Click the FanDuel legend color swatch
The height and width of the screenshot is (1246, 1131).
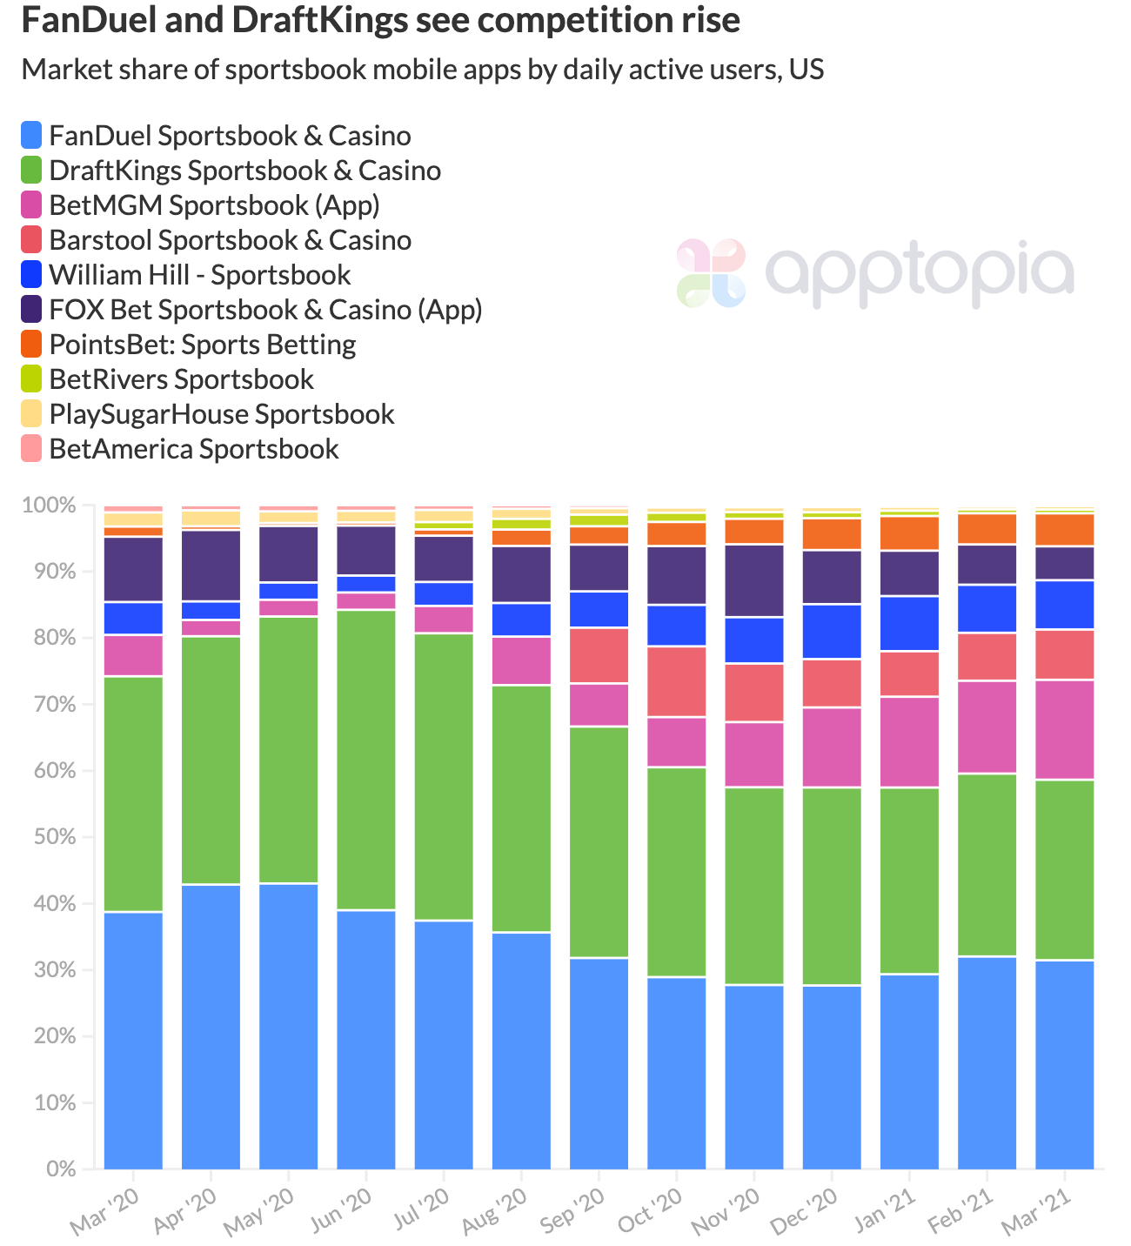(32, 136)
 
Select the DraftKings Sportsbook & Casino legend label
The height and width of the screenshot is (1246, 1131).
(244, 171)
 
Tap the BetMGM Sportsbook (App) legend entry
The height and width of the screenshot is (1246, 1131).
(214, 205)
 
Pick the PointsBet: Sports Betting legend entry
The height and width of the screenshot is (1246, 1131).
(202, 345)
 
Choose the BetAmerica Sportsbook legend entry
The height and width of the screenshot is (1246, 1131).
(193, 449)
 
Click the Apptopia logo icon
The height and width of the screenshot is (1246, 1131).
(711, 273)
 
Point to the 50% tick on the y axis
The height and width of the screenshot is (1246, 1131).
(57, 837)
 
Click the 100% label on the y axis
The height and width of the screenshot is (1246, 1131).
(52, 506)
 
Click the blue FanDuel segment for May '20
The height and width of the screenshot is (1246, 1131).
(289, 1027)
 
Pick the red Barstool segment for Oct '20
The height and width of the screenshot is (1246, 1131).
(677, 681)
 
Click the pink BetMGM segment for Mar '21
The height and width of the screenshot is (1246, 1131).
(1064, 729)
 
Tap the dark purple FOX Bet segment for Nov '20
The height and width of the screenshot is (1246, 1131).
(754, 580)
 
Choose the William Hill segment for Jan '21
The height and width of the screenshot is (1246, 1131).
(909, 623)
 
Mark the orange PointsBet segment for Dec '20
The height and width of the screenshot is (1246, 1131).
(832, 534)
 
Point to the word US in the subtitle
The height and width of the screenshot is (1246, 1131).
(806, 70)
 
